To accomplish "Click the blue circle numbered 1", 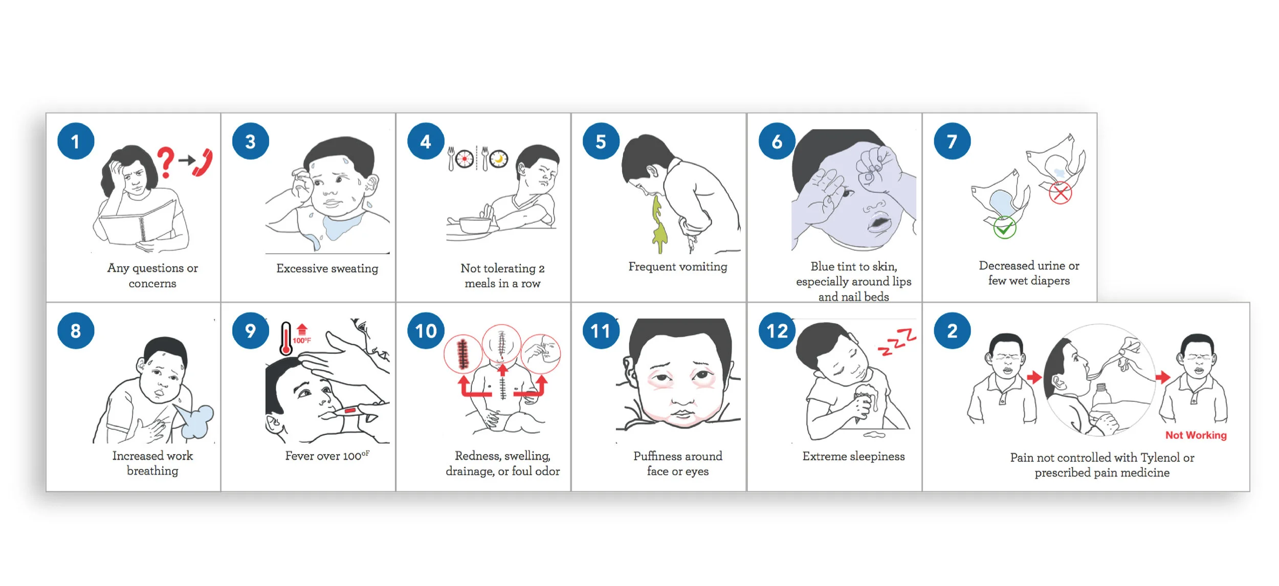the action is point(76,141).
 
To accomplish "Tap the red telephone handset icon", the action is point(203,163).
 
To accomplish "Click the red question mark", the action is point(165,162).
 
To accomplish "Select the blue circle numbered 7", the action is point(952,141).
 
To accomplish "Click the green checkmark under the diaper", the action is point(1004,228).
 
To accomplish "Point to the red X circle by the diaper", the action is point(1060,193).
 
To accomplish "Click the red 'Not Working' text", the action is point(1196,435).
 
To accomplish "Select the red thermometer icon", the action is point(286,339).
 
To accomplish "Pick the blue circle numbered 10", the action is point(426,331).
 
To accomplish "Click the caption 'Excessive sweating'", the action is point(327,268).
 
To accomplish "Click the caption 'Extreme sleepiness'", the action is point(853,456).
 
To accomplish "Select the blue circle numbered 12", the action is point(777,331).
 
